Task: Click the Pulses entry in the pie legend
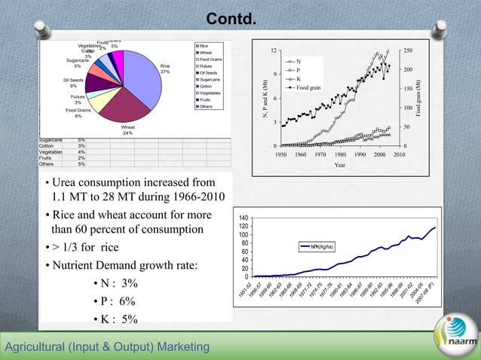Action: click(x=210, y=66)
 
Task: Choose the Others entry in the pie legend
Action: click(x=210, y=107)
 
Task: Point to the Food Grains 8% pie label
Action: click(x=78, y=113)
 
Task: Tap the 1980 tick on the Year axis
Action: click(x=340, y=154)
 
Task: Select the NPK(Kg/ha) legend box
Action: click(x=324, y=246)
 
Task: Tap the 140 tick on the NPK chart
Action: click(x=244, y=218)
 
